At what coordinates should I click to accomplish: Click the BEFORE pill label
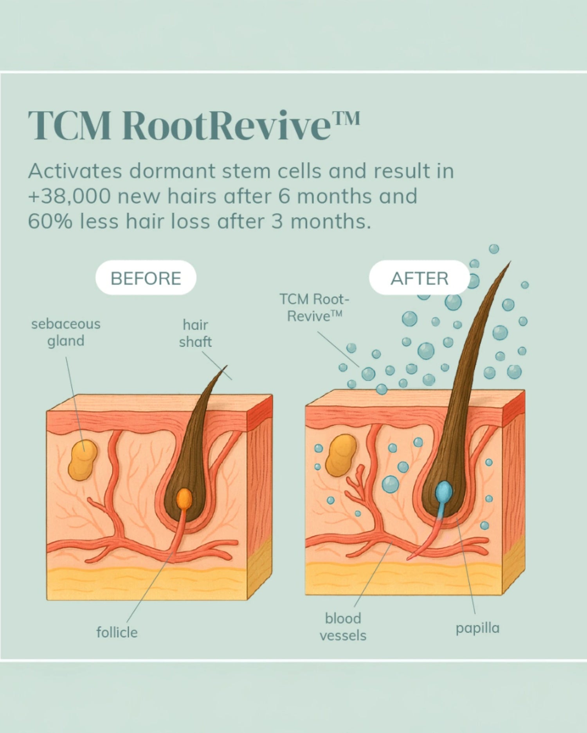(x=146, y=278)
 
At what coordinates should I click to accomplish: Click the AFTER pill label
(x=419, y=278)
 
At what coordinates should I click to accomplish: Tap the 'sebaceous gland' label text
(x=66, y=332)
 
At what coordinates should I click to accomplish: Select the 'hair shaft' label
(x=195, y=333)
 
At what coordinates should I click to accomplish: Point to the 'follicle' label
(x=117, y=632)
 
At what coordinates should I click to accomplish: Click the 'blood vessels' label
(x=343, y=627)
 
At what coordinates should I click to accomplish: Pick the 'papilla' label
(x=477, y=628)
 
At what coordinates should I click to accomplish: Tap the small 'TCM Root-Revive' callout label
(x=314, y=308)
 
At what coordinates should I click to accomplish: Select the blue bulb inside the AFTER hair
(x=444, y=492)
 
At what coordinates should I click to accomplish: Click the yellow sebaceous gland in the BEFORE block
(x=83, y=460)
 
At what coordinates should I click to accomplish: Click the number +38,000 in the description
(x=69, y=196)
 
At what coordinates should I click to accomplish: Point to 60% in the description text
(x=50, y=221)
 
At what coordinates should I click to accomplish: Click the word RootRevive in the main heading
(x=226, y=126)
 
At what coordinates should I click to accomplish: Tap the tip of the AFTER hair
(x=510, y=263)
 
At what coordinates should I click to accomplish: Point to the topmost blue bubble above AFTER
(x=494, y=249)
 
